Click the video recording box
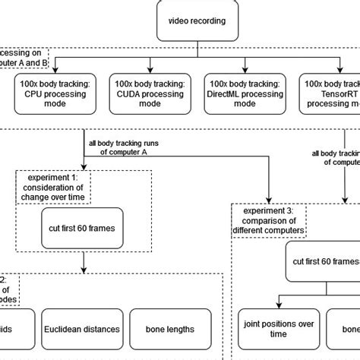[196, 21]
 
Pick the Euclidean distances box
[81, 330]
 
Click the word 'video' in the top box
[172, 21]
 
